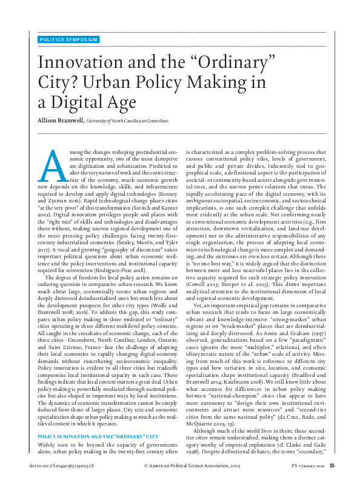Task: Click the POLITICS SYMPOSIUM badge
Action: coord(68,39)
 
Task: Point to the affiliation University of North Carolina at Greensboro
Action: coord(127,121)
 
